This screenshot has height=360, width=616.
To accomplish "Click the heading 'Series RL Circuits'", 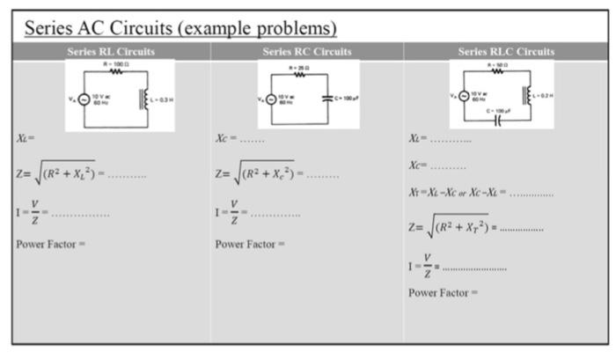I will (x=111, y=52).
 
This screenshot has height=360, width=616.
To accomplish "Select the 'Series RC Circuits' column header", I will (x=307, y=52).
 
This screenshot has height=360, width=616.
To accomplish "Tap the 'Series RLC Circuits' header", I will (x=506, y=52).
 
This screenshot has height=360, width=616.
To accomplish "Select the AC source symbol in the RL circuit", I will (x=84, y=101).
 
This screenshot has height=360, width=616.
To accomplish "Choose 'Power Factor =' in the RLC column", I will (x=443, y=292).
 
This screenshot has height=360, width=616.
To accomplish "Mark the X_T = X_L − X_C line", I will (x=480, y=193).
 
